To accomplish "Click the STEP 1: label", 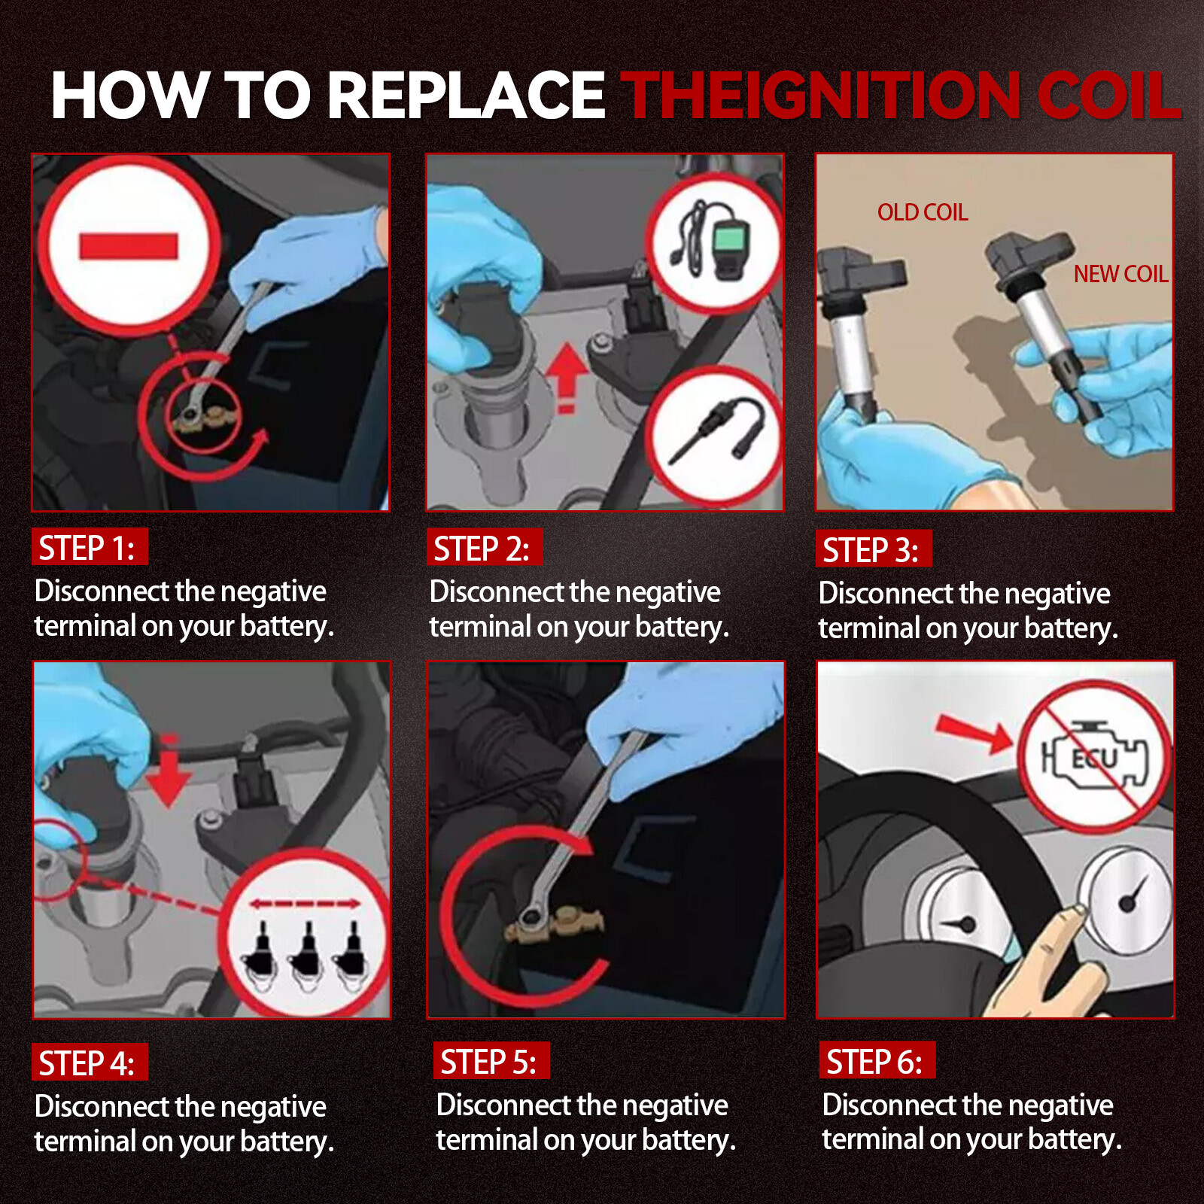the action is [x=90, y=547].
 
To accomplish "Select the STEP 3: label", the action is [x=874, y=549].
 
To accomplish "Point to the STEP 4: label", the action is [x=90, y=1063].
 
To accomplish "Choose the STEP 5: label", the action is [x=491, y=1061].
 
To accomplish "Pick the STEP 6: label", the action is [x=877, y=1061].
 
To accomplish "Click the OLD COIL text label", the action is [x=923, y=212].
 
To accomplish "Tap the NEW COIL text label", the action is [x=1120, y=274].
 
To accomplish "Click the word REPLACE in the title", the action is [x=467, y=96].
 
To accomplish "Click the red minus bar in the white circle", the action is [x=129, y=246].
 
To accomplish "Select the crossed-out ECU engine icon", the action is [x=1095, y=756].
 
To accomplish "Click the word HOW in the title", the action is [x=130, y=96].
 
